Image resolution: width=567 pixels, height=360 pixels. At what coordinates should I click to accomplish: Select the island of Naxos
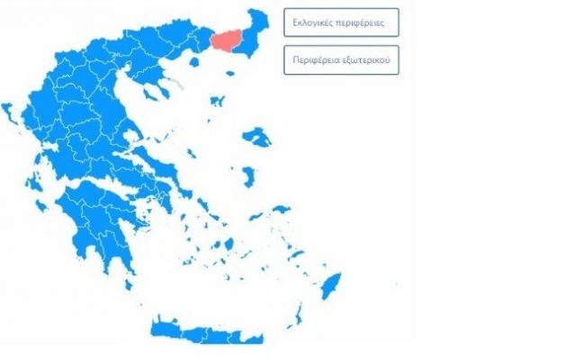pos(229,244)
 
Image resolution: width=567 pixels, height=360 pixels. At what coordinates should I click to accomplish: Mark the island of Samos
pos(281,210)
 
